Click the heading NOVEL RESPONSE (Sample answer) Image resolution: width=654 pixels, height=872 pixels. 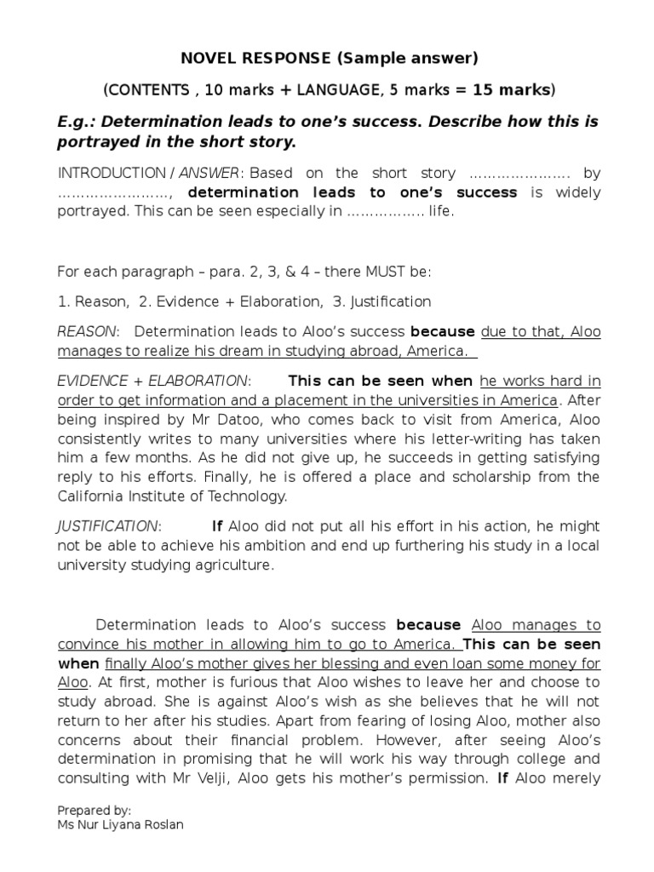pos(330,59)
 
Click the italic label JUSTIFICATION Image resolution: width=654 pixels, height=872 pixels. pos(107,526)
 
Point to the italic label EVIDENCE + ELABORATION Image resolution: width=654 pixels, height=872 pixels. pos(153,381)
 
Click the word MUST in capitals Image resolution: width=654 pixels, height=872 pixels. pos(364,272)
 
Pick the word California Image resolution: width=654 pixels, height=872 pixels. pos(93,496)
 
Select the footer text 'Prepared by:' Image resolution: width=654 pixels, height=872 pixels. pos(95,810)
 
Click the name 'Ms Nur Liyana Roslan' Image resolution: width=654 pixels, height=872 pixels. pos(121,823)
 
